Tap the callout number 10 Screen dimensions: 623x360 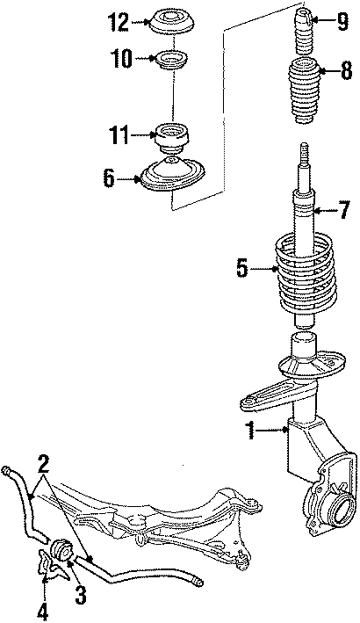pos(121,59)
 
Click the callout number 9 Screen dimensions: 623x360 pos(341,19)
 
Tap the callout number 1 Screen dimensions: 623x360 pos(250,431)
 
